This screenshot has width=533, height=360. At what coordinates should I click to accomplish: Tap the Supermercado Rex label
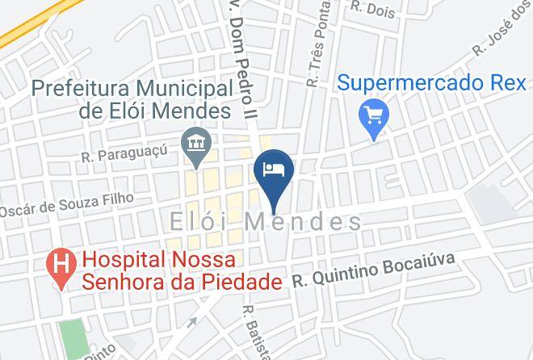(431, 82)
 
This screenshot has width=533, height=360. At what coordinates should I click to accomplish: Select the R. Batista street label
(250, 331)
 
